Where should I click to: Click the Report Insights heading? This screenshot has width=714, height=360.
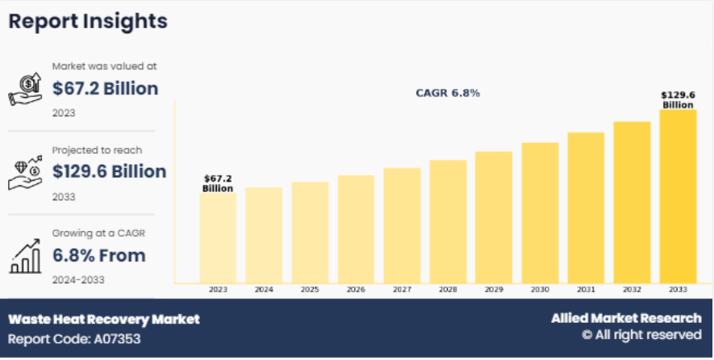[88, 22]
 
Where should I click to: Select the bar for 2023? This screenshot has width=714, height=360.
[218, 237]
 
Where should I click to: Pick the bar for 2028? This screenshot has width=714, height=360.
[448, 221]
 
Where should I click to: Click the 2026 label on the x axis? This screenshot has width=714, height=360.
[356, 289]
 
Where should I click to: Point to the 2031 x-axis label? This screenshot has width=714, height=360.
[586, 289]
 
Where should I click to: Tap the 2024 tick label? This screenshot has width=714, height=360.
[264, 289]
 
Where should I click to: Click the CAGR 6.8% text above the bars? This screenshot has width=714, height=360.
[448, 93]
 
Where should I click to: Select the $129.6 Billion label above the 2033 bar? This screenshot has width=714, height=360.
[678, 99]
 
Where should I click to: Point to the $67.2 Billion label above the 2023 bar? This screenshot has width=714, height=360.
[218, 183]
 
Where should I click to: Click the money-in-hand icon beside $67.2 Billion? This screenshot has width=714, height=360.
[25, 89]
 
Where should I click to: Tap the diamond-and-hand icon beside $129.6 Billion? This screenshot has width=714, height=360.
[25, 172]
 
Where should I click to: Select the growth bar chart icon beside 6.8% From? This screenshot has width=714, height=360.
[25, 256]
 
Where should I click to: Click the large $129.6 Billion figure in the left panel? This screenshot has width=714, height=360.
[109, 171]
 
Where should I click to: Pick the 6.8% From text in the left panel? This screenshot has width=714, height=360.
[99, 256]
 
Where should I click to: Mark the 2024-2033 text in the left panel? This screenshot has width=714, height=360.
[78, 279]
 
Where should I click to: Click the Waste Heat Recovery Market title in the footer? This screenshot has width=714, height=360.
[104, 319]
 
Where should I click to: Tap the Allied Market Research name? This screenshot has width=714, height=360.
[626, 318]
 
